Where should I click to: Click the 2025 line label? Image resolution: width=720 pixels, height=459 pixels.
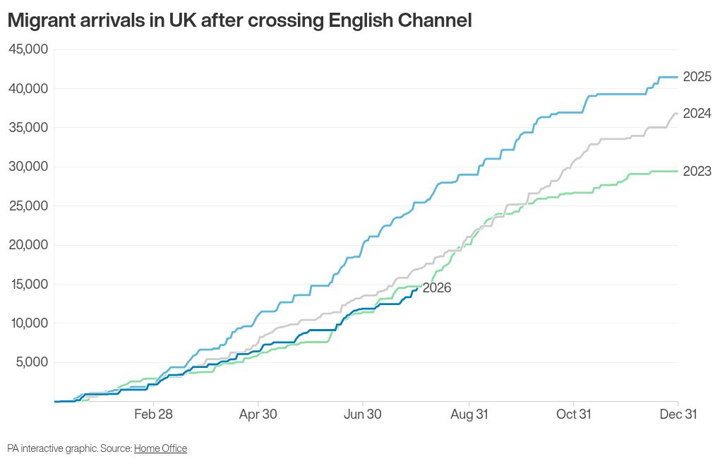coord(697,77)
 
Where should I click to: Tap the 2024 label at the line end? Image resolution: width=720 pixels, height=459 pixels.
coord(697,114)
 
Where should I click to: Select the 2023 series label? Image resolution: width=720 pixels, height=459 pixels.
coord(697,172)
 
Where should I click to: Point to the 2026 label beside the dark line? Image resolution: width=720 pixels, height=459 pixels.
coord(437,287)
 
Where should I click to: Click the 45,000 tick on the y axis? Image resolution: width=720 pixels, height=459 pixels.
coord(28,49)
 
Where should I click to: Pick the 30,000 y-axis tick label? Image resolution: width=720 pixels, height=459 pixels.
coord(28,167)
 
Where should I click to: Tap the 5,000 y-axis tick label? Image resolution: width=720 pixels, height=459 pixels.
coord(32,362)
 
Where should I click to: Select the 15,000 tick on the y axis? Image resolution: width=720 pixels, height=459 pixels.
coord(28,284)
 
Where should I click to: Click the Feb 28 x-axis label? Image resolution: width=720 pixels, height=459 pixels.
coord(153,414)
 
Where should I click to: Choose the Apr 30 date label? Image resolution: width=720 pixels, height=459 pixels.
coord(258,414)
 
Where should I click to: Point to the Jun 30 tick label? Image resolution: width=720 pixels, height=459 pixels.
coord(363,414)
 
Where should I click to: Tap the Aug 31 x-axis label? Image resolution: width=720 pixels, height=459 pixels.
coord(469,414)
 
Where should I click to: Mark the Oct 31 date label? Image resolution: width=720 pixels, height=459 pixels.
coord(573,414)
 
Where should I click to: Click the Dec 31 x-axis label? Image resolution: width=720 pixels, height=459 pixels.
coord(678,414)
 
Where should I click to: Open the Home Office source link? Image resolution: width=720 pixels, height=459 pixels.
coord(161,448)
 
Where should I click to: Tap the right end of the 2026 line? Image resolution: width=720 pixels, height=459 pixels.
coord(417,288)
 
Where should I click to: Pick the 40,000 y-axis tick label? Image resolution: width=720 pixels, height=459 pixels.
coord(28,88)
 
